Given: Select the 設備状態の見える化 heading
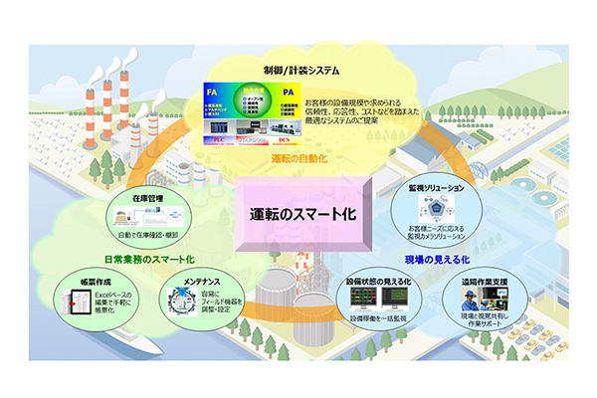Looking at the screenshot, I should point(379,282).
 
